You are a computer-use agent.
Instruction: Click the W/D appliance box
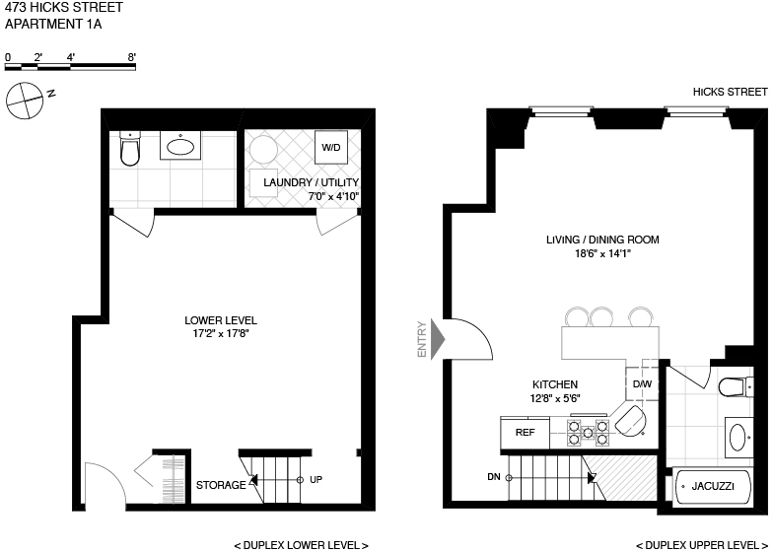tap(328, 147)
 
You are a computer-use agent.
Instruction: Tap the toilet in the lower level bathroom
tap(130, 149)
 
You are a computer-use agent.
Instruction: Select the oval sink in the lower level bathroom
tap(180, 147)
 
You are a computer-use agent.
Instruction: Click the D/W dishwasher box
tap(642, 383)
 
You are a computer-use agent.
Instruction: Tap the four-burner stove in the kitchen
tap(586, 429)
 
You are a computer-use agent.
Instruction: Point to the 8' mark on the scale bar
tap(131, 57)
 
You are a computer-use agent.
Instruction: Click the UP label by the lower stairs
tap(316, 480)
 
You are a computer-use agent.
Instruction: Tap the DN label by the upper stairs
tap(493, 477)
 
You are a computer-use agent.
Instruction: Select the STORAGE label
tap(221, 485)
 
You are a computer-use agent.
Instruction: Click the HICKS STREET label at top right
tap(729, 92)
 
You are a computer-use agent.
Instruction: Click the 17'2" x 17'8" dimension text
tap(221, 334)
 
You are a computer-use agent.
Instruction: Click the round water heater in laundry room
tap(263, 151)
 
